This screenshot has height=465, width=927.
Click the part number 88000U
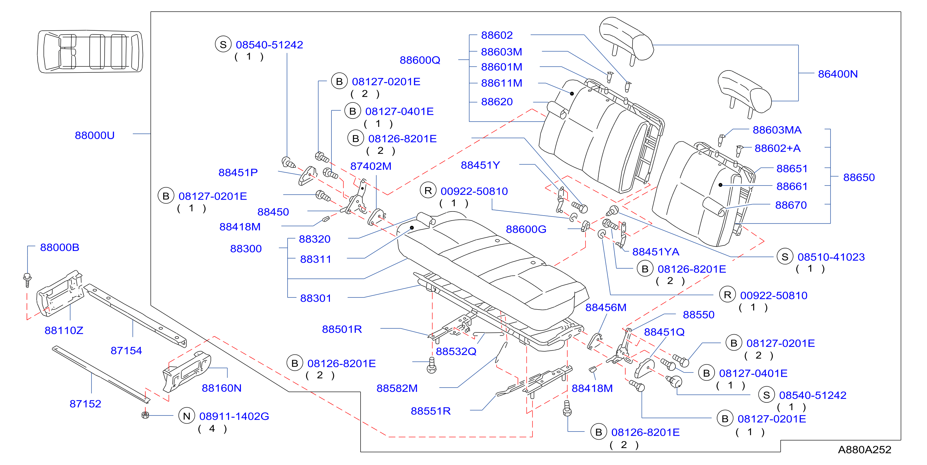[95, 135]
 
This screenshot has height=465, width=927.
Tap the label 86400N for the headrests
[838, 74]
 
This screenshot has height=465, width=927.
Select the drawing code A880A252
[864, 450]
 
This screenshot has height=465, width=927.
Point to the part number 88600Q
[420, 60]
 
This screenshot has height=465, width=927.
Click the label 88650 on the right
[859, 177]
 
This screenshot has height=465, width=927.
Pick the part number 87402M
[371, 166]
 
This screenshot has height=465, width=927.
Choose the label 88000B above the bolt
[60, 248]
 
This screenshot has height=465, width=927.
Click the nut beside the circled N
[145, 415]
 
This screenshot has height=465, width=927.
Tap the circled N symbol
[186, 416]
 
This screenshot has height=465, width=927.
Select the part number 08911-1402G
[234, 416]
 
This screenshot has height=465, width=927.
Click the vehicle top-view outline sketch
[90, 51]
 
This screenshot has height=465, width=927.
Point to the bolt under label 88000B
[27, 280]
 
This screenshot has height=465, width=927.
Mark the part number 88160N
[222, 388]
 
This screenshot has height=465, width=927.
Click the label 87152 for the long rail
[85, 404]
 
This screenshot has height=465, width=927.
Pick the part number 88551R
[431, 411]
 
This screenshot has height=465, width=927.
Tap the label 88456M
[606, 308]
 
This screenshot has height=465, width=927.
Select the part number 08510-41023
[831, 257]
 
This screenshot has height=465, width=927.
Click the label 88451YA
[656, 252]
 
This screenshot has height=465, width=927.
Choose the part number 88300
[246, 249]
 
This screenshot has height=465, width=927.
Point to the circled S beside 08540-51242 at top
[223, 44]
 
